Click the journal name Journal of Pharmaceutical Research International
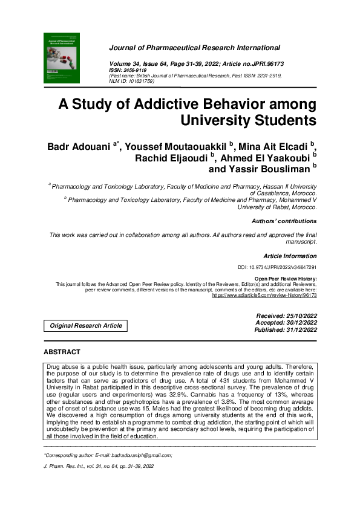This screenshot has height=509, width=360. pos(194,47)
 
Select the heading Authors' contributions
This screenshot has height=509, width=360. pos(284,221)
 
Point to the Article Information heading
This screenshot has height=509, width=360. pos(290,256)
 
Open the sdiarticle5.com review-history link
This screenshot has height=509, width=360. pos(264,296)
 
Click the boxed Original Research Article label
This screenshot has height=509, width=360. pos(85,326)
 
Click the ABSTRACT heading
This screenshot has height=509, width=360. pos(62,351)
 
